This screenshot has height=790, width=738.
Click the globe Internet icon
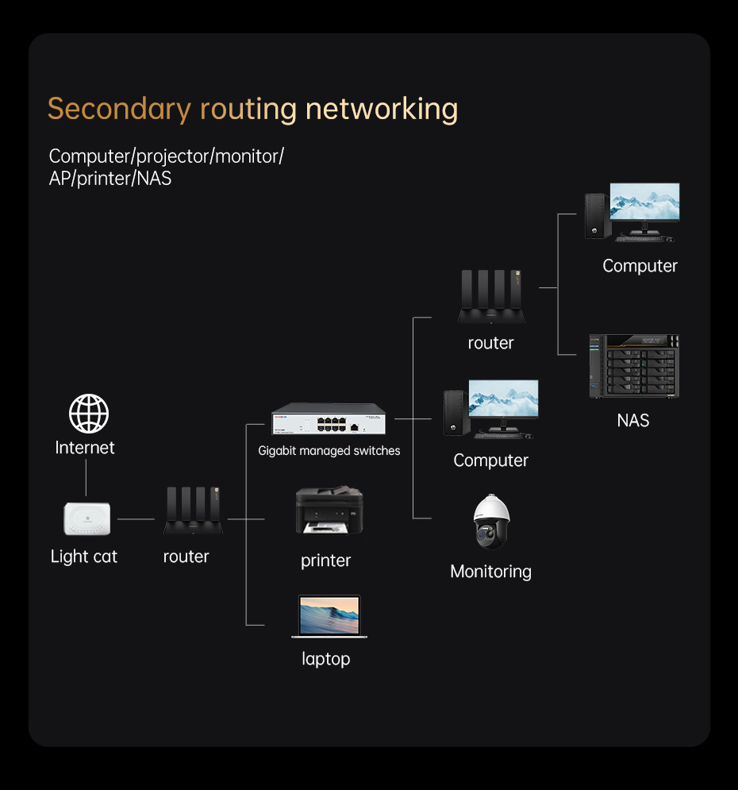click(89, 414)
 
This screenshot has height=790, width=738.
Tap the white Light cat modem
click(87, 518)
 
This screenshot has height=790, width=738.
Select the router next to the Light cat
click(194, 511)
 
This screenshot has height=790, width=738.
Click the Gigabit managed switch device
click(329, 418)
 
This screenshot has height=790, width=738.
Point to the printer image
click(329, 510)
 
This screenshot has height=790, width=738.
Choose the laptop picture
click(329, 617)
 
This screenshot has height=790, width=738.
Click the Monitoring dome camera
click(491, 522)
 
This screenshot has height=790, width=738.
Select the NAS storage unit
click(634, 366)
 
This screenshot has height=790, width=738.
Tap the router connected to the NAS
click(491, 297)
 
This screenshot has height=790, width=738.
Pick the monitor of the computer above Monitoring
click(503, 401)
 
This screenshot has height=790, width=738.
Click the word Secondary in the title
click(119, 110)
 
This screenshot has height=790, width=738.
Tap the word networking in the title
click(382, 110)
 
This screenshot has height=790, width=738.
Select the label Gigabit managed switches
click(329, 450)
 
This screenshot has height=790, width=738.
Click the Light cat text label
click(83, 557)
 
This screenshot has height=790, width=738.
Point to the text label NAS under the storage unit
click(633, 420)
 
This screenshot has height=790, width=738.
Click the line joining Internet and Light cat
click(86, 478)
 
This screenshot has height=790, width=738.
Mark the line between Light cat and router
click(136, 519)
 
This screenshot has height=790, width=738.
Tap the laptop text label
click(325, 659)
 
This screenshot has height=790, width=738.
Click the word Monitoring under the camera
click(491, 572)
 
